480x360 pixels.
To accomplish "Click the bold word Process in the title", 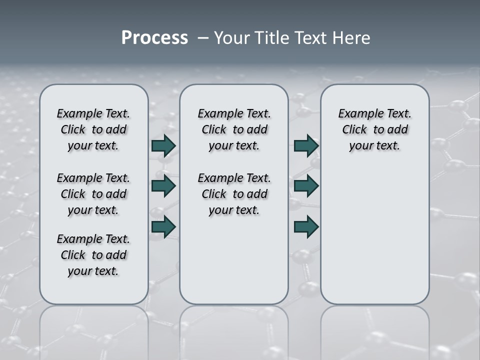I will [154, 38].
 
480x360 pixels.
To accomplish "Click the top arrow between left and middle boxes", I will [163, 145].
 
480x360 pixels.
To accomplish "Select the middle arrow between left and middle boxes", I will [163, 186].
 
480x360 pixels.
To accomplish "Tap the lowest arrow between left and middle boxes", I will [163, 226].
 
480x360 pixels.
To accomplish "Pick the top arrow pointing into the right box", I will [306, 145].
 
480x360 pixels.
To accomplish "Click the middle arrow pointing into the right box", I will [306, 186].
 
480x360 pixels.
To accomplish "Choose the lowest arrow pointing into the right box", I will [306, 226].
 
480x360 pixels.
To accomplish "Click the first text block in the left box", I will [93, 129].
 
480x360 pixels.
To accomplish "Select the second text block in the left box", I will [93, 194].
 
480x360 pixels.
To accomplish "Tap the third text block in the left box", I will [93, 255].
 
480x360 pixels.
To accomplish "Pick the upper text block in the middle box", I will [234, 129].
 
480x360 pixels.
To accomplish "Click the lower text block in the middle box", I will [234, 194].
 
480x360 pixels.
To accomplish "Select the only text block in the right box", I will [374, 129].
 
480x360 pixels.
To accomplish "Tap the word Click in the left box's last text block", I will [73, 255].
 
